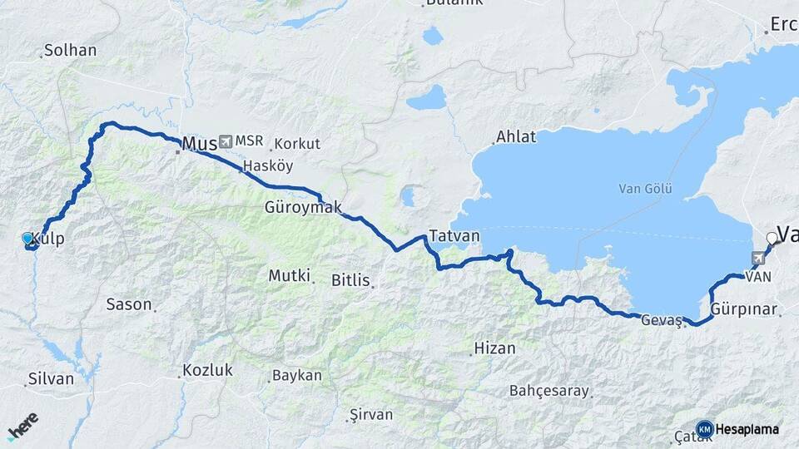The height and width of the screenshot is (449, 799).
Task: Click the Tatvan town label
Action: click(x=454, y=235)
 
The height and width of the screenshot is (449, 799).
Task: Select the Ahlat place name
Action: click(x=516, y=136)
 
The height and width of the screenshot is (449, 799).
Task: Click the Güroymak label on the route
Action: click(x=303, y=207)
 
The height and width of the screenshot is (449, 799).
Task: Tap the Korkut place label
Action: click(x=297, y=143)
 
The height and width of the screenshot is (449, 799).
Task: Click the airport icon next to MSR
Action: click(x=226, y=141)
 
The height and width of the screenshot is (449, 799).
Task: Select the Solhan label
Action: click(x=71, y=50)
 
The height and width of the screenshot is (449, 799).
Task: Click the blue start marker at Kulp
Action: click(x=27, y=239)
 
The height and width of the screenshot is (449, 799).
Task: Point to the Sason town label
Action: click(x=129, y=304)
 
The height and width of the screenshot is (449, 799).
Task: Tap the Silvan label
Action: click(x=51, y=378)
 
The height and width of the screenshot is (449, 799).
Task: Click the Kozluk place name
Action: click(x=207, y=370)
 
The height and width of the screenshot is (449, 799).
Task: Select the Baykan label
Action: click(x=297, y=375)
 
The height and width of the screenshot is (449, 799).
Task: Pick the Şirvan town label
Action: click(x=370, y=413)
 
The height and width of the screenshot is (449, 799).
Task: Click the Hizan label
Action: click(x=494, y=348)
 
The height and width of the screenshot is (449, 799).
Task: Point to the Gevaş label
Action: click(x=662, y=320)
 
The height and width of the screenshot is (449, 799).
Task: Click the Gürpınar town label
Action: click(x=745, y=309)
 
